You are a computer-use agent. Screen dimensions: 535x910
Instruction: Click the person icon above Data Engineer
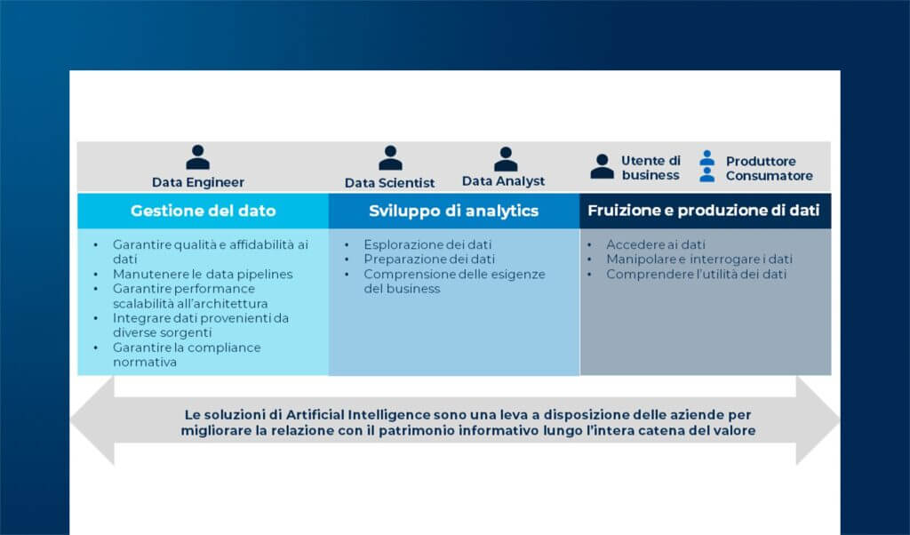(197, 157)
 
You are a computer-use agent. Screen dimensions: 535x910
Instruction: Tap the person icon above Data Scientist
(390, 158)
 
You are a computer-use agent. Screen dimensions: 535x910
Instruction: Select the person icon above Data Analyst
(505, 159)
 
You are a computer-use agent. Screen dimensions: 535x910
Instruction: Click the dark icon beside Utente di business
(603, 166)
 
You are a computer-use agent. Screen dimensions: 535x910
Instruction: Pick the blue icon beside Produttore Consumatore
(706, 166)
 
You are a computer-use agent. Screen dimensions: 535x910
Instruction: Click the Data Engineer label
(197, 182)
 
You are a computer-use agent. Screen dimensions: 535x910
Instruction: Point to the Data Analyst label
(503, 181)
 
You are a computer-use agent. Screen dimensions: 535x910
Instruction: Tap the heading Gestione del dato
(203, 212)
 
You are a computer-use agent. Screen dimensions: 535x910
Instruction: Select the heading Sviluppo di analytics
(453, 212)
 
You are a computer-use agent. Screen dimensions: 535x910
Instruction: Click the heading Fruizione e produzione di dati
(704, 212)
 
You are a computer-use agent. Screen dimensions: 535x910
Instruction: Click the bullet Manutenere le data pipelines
(203, 274)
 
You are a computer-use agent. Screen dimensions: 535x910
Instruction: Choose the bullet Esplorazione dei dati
(427, 244)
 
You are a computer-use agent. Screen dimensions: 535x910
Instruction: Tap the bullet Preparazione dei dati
(429, 259)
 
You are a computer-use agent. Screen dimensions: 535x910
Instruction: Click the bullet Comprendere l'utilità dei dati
(696, 275)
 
